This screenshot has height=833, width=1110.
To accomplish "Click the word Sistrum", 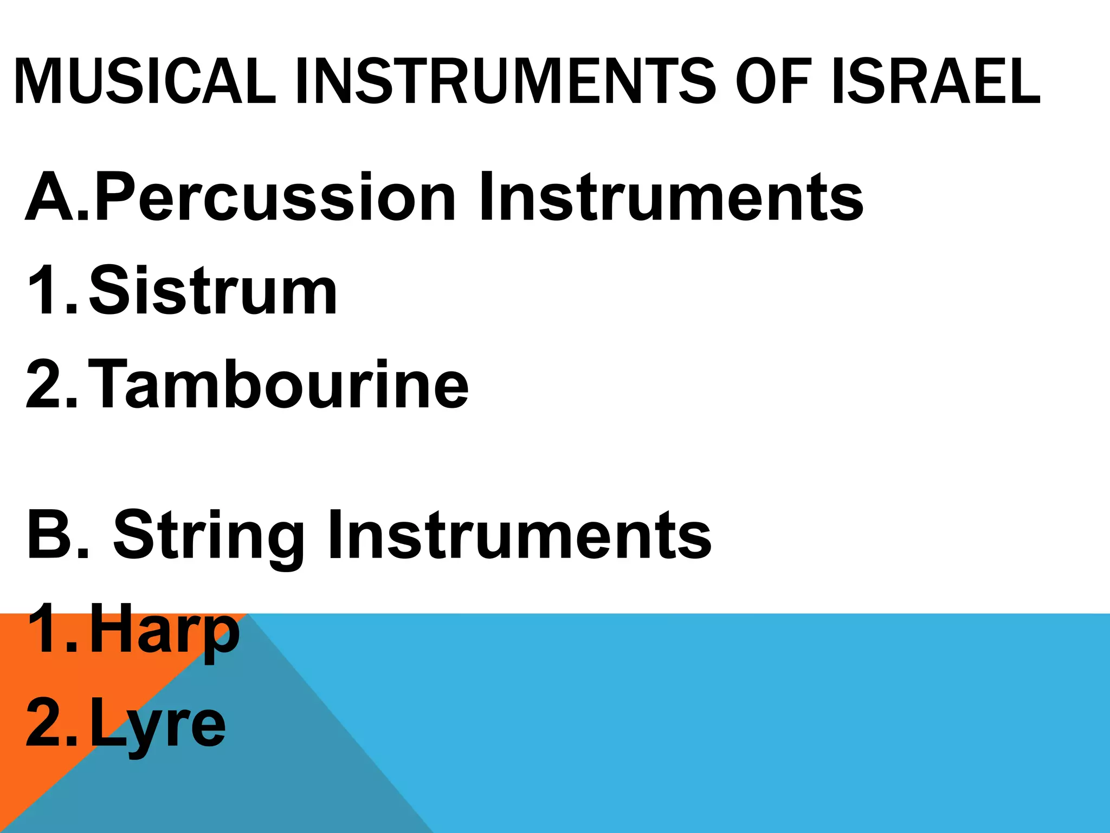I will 213,291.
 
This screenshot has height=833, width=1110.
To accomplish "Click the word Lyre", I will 157,725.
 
